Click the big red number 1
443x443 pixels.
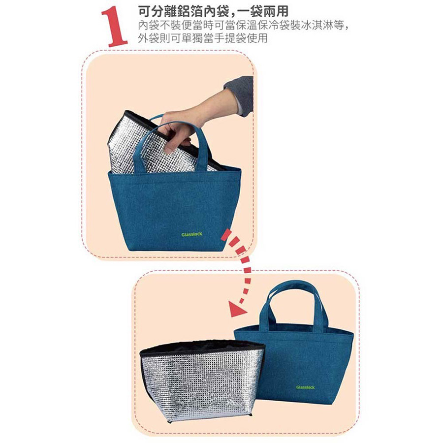point(114,27)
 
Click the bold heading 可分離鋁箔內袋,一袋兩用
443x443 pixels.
point(213,12)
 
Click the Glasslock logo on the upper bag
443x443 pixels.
point(192,234)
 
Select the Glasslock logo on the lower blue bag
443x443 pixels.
point(305,387)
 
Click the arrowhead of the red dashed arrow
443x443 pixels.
point(237,309)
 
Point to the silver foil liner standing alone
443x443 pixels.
point(201,381)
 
